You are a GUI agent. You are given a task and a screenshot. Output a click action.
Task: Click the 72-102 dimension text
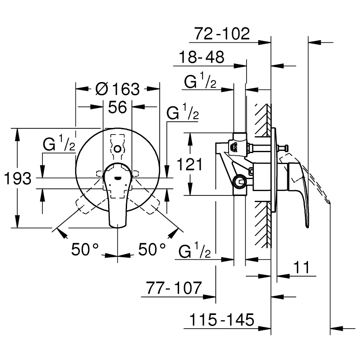[222, 34]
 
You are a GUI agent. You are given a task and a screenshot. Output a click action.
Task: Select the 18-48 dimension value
[202, 57]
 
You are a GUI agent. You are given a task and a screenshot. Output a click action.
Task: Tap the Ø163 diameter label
[117, 90]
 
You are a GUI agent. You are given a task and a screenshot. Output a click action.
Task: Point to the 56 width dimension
[117, 107]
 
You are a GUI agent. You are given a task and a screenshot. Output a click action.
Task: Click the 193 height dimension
[17, 179]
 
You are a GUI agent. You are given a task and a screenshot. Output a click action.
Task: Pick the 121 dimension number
[190, 165]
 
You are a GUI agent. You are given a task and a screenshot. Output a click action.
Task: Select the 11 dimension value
[301, 267]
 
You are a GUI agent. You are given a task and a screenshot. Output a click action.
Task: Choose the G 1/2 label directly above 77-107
[195, 252]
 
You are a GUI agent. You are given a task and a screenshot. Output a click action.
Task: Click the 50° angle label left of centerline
[85, 250]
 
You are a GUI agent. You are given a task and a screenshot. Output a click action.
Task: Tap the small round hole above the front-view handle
[117, 150]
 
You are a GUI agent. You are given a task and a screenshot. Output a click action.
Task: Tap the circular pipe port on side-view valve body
[240, 180]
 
